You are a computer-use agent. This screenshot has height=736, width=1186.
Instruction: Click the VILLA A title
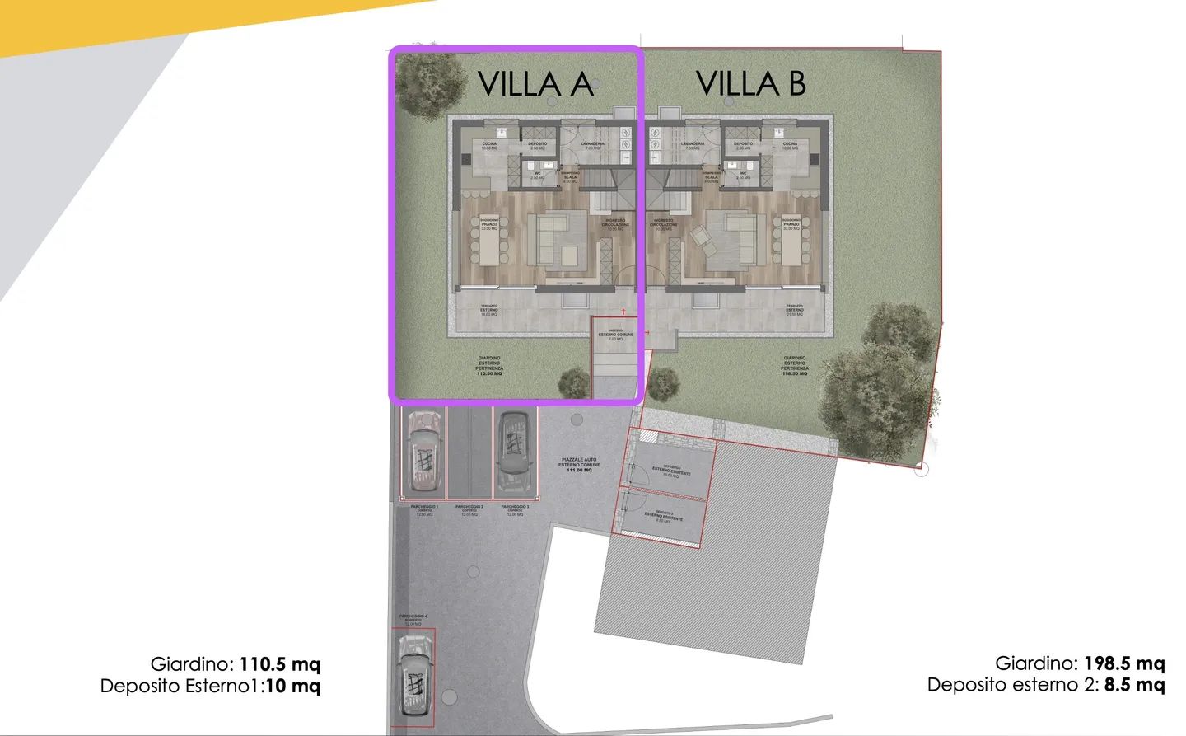point(535,83)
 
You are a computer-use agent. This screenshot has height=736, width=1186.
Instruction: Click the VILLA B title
point(750,83)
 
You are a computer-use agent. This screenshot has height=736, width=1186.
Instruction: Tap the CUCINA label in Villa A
point(489,146)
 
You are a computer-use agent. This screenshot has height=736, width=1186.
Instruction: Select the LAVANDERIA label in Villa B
point(692,146)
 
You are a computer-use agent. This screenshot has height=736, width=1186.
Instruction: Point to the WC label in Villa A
point(537,175)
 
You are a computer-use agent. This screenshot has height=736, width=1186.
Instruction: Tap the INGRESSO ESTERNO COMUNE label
point(615,335)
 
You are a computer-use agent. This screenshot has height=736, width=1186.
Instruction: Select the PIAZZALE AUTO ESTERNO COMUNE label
point(579,464)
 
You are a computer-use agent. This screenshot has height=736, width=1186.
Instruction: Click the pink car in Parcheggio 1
point(424,450)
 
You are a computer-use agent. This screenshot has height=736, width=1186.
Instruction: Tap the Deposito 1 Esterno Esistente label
point(671,471)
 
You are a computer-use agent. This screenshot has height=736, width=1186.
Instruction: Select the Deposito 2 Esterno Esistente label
point(663,516)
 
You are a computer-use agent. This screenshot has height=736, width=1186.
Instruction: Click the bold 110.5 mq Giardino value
point(279,664)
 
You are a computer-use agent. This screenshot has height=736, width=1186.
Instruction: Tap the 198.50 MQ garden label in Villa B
point(795,373)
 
